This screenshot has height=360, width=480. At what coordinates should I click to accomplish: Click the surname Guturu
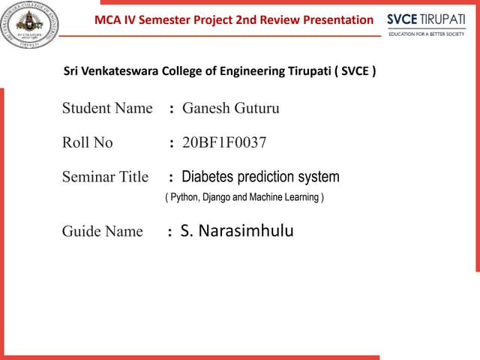(x=256, y=108)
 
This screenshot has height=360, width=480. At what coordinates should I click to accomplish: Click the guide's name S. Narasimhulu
(x=237, y=231)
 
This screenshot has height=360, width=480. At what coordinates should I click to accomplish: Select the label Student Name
(x=107, y=108)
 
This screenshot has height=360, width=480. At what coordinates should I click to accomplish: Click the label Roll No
(x=87, y=142)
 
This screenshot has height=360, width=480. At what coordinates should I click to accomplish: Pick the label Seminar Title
(x=105, y=178)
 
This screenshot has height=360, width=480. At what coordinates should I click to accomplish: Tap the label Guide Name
(x=102, y=231)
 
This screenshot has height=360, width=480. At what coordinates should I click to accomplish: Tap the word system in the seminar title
(x=319, y=177)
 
